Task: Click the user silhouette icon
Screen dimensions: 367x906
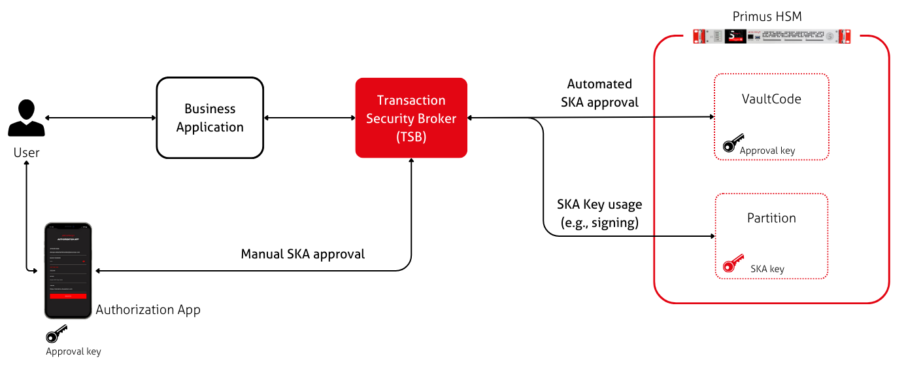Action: click(x=26, y=118)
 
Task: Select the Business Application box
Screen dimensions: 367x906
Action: click(x=210, y=118)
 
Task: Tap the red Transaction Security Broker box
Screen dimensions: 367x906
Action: click(x=411, y=118)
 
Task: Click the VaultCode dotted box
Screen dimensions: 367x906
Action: click(x=771, y=116)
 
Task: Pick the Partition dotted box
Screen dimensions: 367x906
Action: click(x=771, y=236)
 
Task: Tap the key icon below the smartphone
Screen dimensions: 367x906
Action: click(x=57, y=334)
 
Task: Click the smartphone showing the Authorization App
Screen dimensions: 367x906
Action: click(x=68, y=270)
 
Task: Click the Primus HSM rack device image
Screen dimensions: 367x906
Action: click(x=771, y=36)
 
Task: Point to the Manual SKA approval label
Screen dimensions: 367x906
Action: click(x=303, y=254)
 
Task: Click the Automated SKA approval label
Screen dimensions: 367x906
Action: click(x=599, y=93)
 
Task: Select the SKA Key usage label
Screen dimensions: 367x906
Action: click(x=599, y=213)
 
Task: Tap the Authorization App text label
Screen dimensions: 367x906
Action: click(x=148, y=309)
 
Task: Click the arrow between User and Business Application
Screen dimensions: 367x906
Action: click(x=101, y=118)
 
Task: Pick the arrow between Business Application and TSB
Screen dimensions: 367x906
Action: click(x=309, y=118)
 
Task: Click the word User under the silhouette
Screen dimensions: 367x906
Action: click(x=26, y=152)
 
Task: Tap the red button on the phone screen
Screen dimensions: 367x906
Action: click(x=68, y=296)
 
